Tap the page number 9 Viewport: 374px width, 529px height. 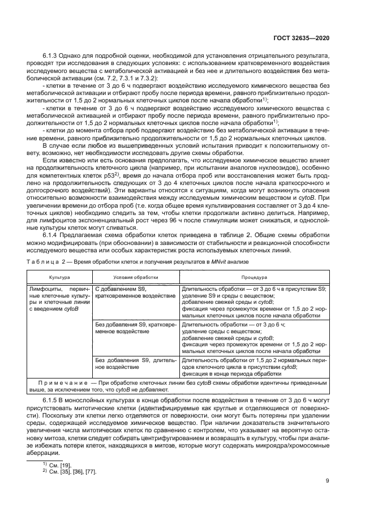(x=328, y=481)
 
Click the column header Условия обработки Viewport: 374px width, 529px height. (x=136, y=278)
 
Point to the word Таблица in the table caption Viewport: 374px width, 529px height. (x=42, y=262)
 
